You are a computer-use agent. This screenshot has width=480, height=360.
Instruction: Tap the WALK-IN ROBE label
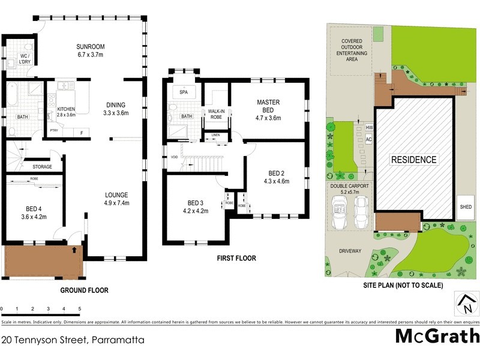click(216, 113)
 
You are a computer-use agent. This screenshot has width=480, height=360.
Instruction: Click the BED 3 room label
click(196, 207)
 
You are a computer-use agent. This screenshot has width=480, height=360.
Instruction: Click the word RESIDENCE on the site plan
click(413, 160)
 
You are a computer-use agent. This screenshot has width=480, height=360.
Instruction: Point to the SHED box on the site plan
click(465, 207)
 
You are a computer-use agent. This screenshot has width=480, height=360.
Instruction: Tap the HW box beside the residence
click(368, 128)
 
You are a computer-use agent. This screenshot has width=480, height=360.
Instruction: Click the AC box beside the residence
click(368, 139)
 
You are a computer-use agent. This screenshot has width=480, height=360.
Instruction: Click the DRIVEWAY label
click(349, 252)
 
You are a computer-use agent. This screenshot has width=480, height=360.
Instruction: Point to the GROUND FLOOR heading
click(85, 290)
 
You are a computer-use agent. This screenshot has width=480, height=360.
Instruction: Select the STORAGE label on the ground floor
click(42, 167)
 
